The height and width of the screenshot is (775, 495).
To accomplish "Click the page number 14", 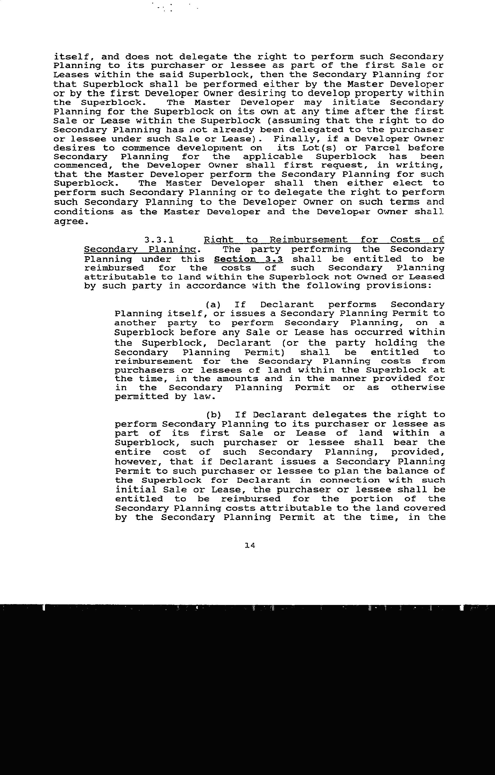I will [250, 545].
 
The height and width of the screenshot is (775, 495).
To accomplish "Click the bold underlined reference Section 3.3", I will [248, 259].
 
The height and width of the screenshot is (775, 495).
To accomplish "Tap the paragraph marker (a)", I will [213, 304].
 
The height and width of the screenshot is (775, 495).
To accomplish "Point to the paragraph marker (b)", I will [213, 415].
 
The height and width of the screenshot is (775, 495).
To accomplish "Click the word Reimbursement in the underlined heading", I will [308, 240].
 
